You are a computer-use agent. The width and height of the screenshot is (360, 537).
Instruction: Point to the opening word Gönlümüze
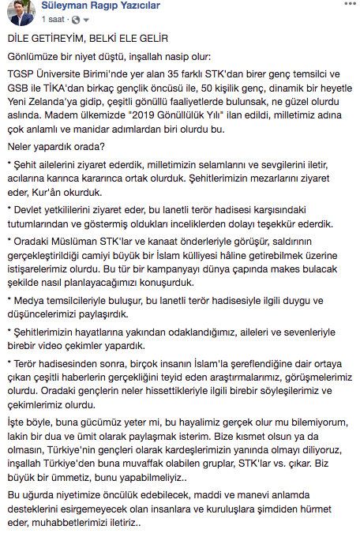32,57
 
